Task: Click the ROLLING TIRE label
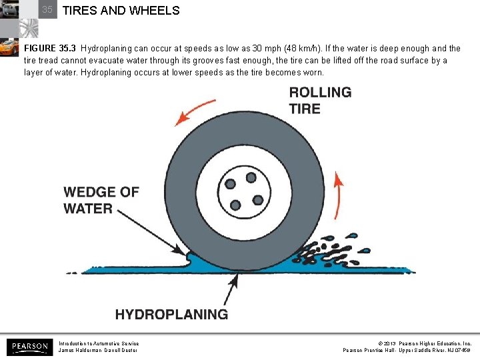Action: pos(320,100)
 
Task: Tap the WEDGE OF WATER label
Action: pos(101,200)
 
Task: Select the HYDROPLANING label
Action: pos(171,314)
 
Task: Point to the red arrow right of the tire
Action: pos(339,193)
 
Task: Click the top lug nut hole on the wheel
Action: pos(251,178)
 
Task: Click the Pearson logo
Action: pos(28,347)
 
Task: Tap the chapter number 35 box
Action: pos(47,10)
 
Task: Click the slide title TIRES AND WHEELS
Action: pos(121,11)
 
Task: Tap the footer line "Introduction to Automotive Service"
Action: pos(99,343)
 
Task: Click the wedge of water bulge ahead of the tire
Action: pos(192,258)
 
